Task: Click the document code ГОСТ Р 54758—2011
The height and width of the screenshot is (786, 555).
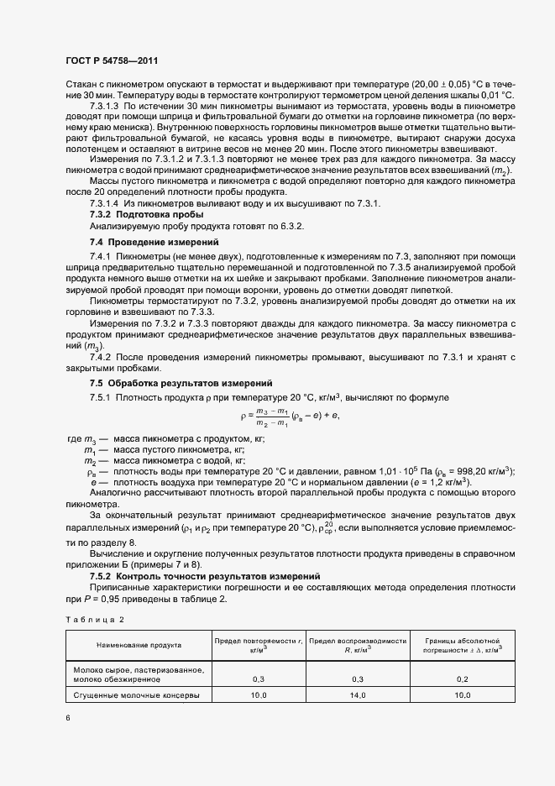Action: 111,61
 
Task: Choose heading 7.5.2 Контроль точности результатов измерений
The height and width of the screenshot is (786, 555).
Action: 205,576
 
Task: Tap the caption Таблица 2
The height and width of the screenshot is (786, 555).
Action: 95,619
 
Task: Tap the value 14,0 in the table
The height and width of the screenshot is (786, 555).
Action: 358,696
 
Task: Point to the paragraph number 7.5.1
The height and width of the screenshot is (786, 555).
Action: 102,396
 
